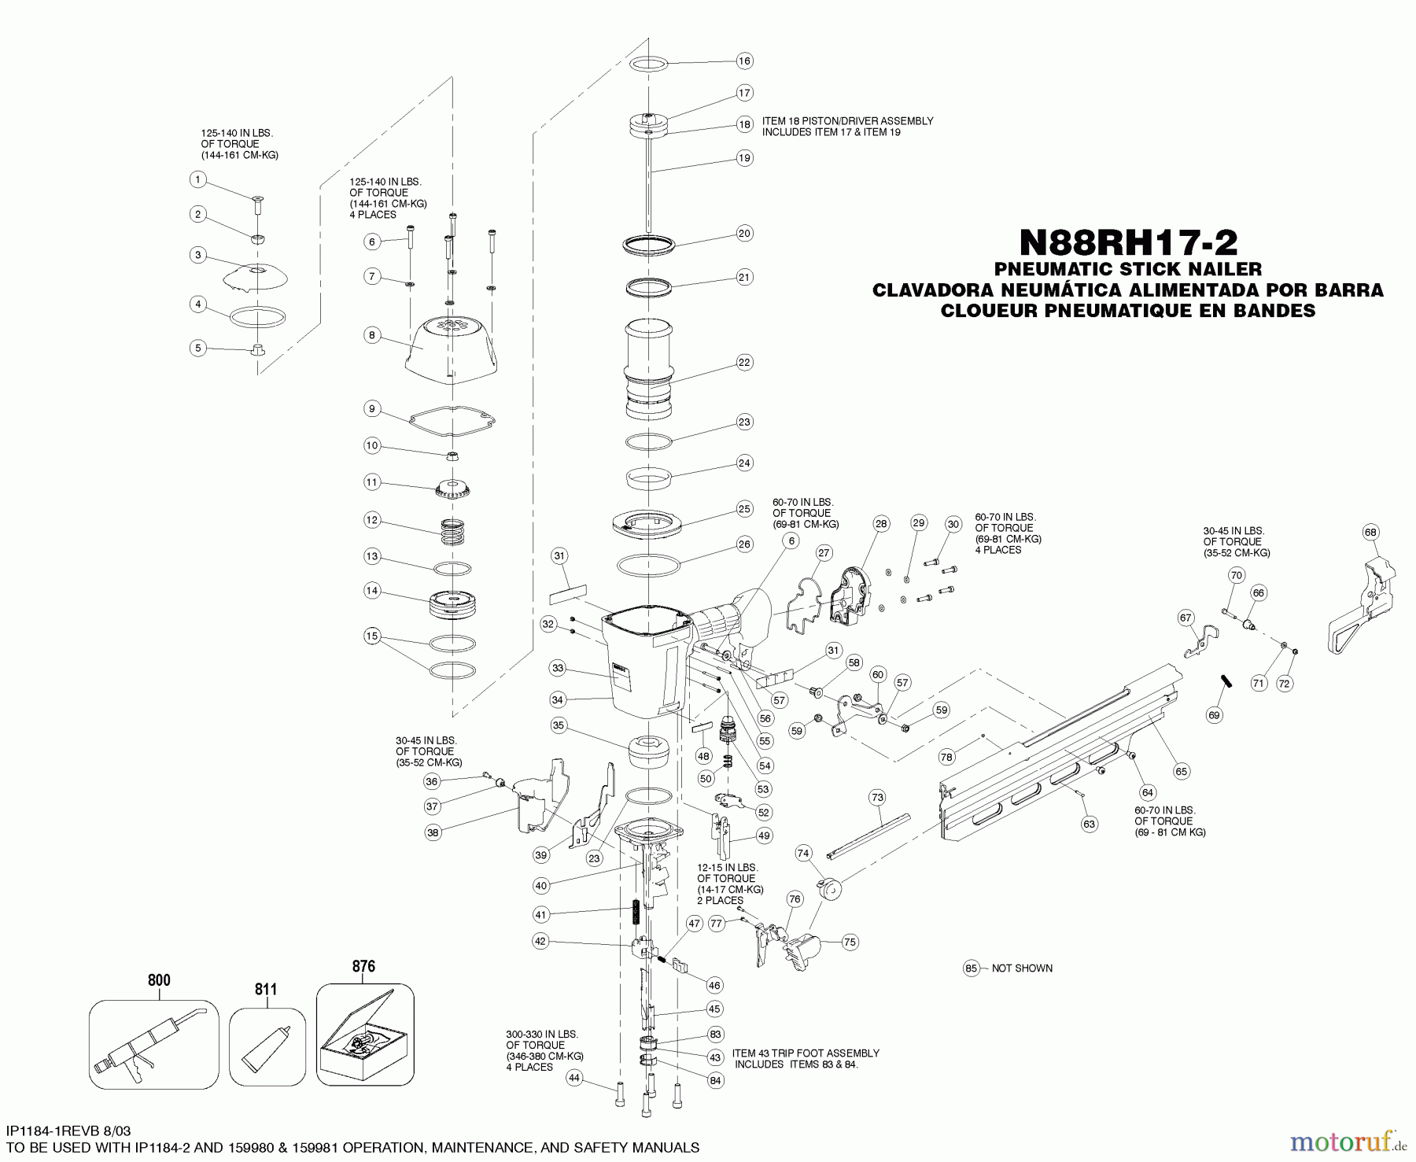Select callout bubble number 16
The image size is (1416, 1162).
(744, 61)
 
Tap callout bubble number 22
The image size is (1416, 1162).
(744, 363)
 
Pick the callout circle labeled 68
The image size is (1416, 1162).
(1370, 533)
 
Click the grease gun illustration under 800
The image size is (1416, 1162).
(153, 1043)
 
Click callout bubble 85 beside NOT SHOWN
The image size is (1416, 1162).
(972, 968)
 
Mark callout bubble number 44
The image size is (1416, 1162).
(575, 1078)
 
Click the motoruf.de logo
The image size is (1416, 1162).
(1349, 1138)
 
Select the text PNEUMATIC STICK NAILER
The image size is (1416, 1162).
(1127, 270)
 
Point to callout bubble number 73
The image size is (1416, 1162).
(877, 798)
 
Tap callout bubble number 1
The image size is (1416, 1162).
(198, 180)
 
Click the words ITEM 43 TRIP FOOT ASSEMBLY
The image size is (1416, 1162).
(806, 1053)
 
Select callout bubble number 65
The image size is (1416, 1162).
(1182, 772)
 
